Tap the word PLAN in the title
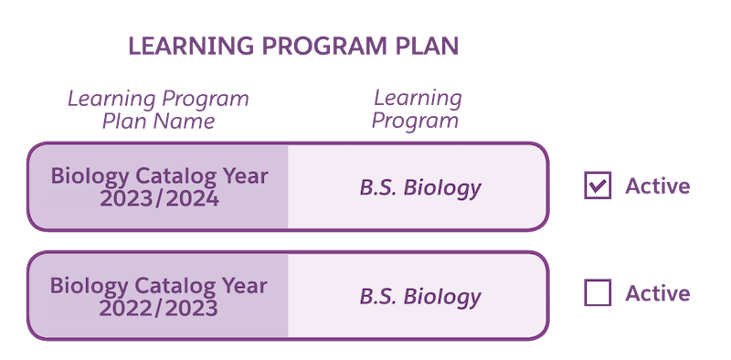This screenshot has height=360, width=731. pos(424,47)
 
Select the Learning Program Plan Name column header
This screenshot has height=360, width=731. pos(158,110)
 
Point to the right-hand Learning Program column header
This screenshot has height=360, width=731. pos(417,110)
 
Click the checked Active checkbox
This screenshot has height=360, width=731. pos(598,186)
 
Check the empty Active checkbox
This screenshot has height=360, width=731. pos(598,293)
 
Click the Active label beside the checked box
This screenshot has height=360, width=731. pos(657,186)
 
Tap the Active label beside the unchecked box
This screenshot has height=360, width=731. pos(657,293)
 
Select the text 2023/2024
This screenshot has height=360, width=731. pos(160,198)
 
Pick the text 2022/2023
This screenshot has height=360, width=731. pos(160,308)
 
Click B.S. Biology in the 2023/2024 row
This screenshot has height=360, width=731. pos(419,189)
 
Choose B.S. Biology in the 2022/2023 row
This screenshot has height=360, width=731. pos(419,297)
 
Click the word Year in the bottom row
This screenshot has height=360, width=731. pos(245,285)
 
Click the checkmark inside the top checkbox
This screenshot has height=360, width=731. pos(598,186)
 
